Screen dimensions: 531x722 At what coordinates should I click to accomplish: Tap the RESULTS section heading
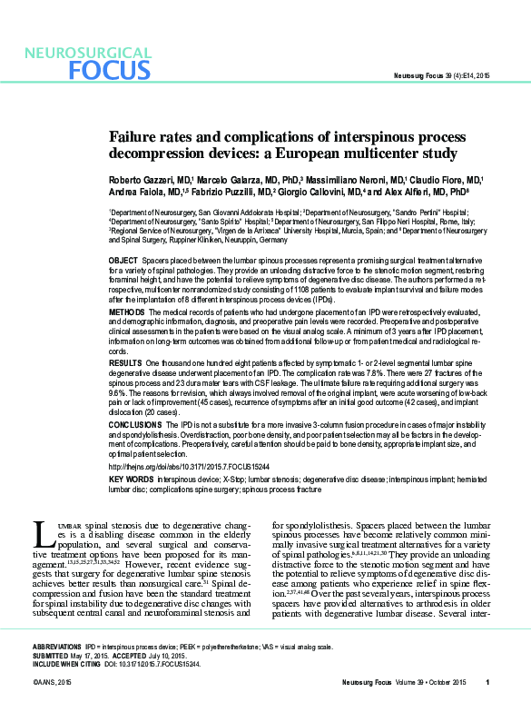(126, 362)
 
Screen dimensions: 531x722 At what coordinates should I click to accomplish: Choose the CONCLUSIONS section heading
(135, 424)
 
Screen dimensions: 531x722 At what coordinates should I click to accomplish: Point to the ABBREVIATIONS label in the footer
(58, 647)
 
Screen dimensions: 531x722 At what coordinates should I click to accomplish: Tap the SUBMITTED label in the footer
(52, 656)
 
